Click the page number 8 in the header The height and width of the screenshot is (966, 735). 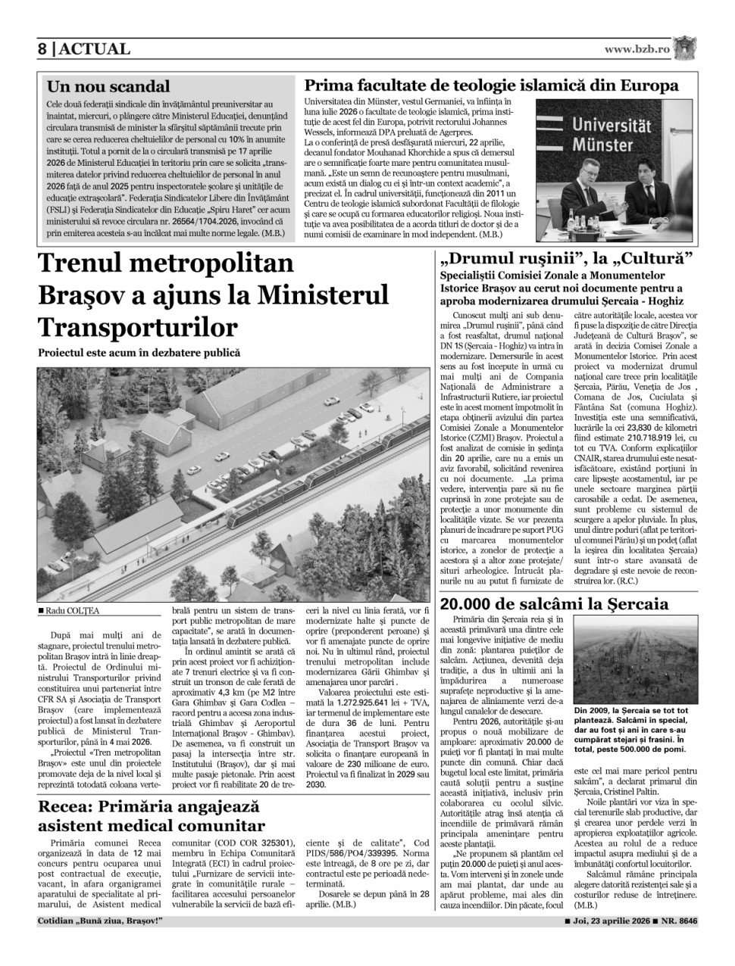[x=43, y=49]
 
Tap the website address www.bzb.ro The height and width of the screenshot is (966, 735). [x=637, y=49]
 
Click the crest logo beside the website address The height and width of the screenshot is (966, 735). [x=686, y=48]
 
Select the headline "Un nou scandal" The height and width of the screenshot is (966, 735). [x=108, y=86]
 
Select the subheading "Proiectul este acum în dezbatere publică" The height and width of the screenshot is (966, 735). [x=139, y=353]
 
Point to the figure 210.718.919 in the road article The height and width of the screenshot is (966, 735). [x=639, y=437]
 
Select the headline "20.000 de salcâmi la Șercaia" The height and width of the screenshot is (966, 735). [x=554, y=604]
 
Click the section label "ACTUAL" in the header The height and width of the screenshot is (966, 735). [x=95, y=49]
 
